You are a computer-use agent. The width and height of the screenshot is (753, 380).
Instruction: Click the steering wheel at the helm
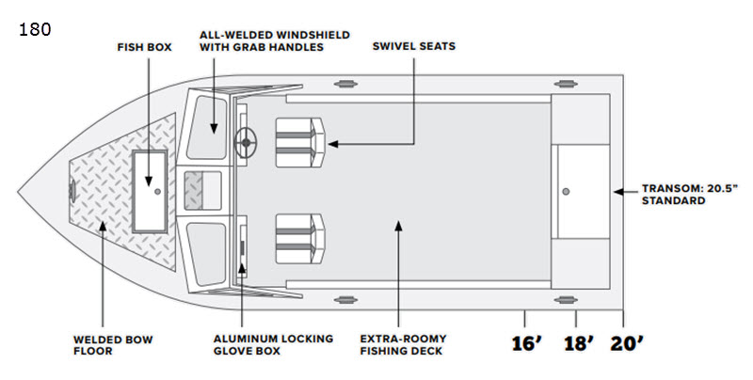pos(246,143)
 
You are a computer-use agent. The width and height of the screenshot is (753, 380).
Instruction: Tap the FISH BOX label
pos(145,47)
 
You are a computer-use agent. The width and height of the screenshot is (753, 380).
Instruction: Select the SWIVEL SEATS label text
pos(414,46)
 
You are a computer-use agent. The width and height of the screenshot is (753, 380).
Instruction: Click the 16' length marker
pos(527,343)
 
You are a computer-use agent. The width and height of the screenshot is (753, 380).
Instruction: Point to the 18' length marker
pos(579,343)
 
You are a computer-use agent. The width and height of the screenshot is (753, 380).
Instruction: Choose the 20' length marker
pos(627,343)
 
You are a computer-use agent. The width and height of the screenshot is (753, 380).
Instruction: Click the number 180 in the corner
pos(35,30)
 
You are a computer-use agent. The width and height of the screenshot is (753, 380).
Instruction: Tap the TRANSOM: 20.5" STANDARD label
pos(690,195)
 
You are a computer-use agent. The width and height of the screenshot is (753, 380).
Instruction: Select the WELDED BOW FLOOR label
pos(113,345)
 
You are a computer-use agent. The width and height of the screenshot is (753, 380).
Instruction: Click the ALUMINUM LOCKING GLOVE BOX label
pos(273,344)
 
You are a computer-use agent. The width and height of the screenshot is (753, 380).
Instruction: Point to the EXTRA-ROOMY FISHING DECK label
pos(404,344)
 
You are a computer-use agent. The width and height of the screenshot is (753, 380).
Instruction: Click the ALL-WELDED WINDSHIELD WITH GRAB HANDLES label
pos(275,40)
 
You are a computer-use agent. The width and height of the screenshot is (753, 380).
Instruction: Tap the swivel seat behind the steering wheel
pos(300,143)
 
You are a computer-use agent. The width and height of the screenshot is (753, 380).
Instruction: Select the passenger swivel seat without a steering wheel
pos(300,239)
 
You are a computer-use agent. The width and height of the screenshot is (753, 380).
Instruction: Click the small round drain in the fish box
pos(157,191)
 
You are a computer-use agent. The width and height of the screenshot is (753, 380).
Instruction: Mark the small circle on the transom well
pos(566,192)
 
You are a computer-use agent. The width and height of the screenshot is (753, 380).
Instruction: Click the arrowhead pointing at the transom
pos(618,192)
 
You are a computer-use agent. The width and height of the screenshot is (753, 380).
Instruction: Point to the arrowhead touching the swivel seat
pos(332,144)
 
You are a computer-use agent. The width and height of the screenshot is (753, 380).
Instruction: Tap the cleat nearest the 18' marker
pos(566,300)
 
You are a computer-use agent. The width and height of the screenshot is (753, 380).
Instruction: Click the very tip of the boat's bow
pos(18,192)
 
